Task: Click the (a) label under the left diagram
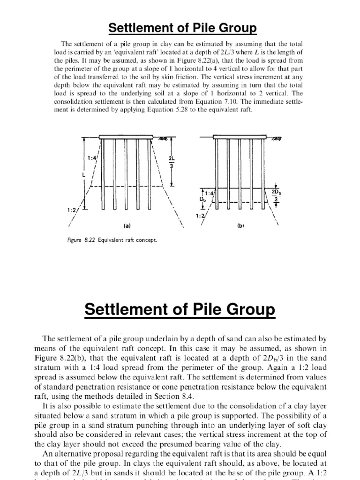tap(127, 225)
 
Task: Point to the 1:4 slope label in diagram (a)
tap(92, 159)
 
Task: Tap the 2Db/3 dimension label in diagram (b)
tap(275, 196)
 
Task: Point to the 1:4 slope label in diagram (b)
tap(207, 192)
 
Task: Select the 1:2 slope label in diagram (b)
tap(201, 216)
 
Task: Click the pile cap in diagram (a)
tap(127, 137)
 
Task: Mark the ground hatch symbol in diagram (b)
tap(277, 138)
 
